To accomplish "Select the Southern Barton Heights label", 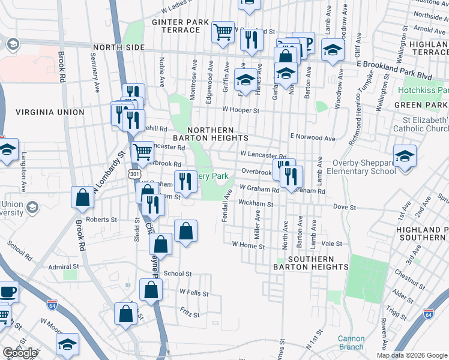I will (x=303, y=262).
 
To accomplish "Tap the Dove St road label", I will (x=345, y=208).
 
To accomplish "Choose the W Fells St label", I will (x=194, y=293).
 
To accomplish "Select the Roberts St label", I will (x=101, y=220).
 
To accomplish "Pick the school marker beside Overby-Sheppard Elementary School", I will (x=405, y=157).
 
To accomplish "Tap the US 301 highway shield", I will (x=131, y=173).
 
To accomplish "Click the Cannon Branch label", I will (x=351, y=343).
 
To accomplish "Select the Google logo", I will (x=20, y=353).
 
